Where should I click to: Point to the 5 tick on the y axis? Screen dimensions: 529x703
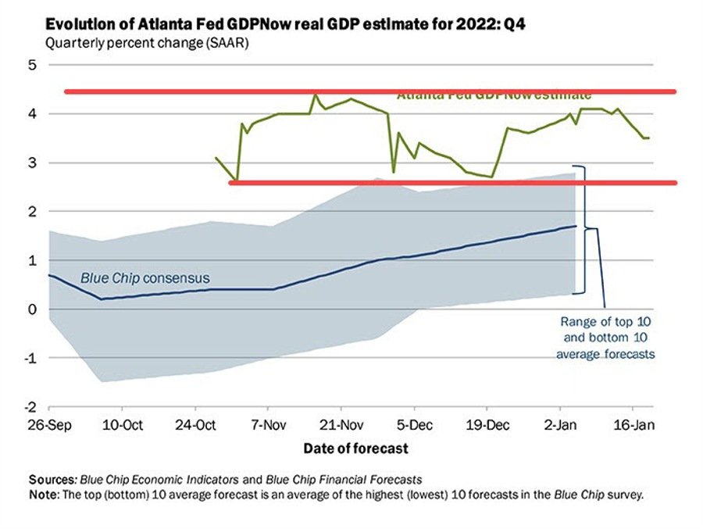[33, 65]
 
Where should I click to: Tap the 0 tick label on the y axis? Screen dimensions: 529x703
[33, 309]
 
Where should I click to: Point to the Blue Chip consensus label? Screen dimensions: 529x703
[145, 277]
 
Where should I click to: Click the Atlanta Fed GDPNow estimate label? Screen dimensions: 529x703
[494, 95]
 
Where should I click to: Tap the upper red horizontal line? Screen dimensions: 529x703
[369, 91]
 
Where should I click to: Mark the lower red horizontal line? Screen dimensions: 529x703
[453, 183]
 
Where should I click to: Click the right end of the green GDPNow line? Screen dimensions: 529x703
[649, 138]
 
